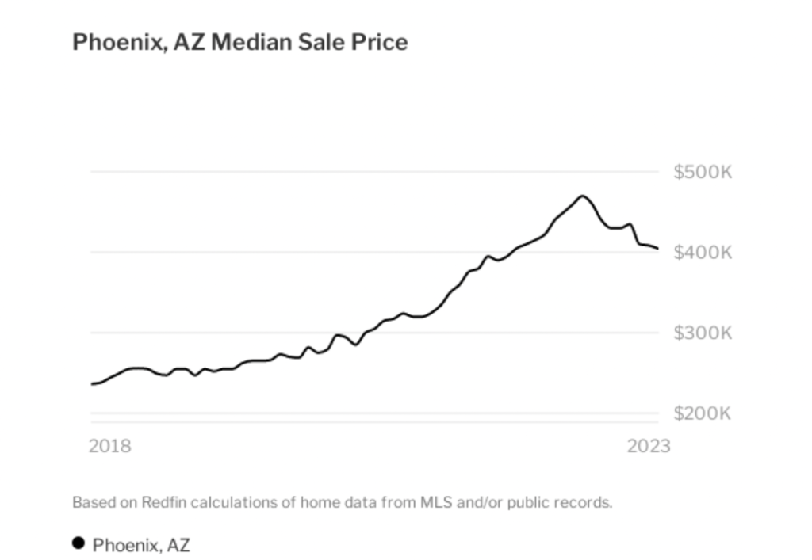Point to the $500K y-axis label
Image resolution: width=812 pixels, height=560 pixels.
click(702, 172)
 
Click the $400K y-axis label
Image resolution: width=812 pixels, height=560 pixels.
click(702, 253)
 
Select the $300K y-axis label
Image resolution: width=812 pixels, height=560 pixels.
click(702, 333)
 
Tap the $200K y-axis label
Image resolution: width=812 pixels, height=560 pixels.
click(702, 413)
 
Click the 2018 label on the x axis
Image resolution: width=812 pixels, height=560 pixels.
click(109, 446)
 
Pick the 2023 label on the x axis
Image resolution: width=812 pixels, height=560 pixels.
click(648, 446)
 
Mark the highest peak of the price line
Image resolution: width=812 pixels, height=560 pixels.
click(583, 196)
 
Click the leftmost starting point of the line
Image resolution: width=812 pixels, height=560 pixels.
click(93, 384)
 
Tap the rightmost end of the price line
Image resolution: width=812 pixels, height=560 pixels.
click(657, 249)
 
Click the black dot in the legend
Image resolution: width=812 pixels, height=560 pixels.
click(78, 543)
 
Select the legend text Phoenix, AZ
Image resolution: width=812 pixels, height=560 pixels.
click(141, 545)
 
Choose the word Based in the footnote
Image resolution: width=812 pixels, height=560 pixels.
click(92, 502)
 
